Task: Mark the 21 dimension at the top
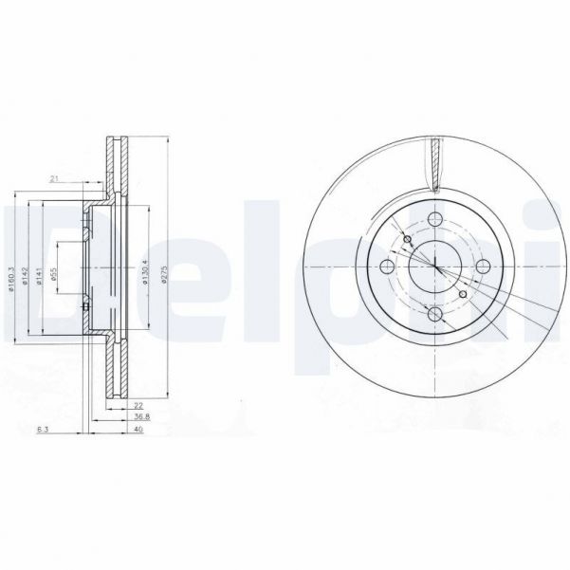pos(56,177)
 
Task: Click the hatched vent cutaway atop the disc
pos(436,160)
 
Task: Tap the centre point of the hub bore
pos(435,267)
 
